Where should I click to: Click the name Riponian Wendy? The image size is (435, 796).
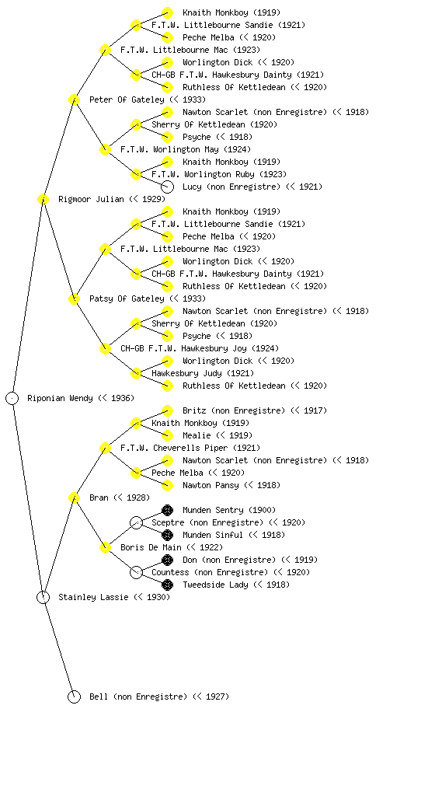point(60,399)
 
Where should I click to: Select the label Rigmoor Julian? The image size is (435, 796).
point(91,200)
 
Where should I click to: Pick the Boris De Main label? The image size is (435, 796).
point(151,548)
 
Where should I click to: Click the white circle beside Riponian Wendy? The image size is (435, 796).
point(12,399)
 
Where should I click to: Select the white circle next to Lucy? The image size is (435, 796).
point(167,187)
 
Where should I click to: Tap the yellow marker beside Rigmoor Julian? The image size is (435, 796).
point(43,200)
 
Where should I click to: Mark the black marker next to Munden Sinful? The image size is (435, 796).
point(167,535)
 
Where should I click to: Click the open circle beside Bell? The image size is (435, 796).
point(74,697)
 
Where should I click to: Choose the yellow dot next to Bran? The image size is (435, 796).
point(74,498)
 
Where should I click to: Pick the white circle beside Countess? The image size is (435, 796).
point(136,573)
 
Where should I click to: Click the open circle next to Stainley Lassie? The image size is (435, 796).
point(43,598)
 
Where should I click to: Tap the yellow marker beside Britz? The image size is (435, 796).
point(167,410)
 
